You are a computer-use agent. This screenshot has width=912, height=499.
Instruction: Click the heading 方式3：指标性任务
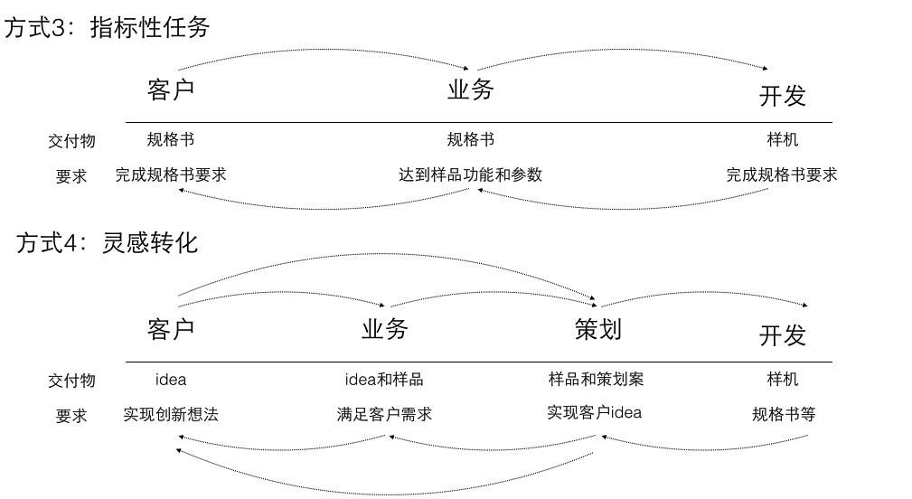click(x=107, y=27)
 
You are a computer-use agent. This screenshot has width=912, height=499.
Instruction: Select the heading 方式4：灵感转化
click(x=107, y=242)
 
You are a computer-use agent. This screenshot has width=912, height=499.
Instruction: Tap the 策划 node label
click(x=597, y=329)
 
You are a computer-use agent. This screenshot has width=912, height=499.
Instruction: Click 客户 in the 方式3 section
click(x=171, y=89)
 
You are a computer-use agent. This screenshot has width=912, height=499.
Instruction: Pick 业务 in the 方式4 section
click(x=384, y=329)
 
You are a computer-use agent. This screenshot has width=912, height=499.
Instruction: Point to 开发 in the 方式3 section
click(x=782, y=96)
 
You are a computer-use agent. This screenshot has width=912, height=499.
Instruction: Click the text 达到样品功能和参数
click(x=470, y=174)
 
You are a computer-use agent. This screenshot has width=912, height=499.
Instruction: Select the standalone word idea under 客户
click(x=171, y=380)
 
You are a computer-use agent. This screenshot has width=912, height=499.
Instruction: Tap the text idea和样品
click(x=384, y=380)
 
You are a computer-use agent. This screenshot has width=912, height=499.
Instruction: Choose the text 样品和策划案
click(x=596, y=379)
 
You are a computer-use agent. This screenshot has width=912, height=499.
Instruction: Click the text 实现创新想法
click(x=171, y=414)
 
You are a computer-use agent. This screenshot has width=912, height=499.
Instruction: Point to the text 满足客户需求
click(x=384, y=414)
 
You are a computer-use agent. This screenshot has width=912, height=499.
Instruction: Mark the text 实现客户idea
click(x=594, y=412)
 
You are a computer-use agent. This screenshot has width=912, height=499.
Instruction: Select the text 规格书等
click(x=784, y=414)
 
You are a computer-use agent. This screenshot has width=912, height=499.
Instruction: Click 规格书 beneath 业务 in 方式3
click(x=470, y=139)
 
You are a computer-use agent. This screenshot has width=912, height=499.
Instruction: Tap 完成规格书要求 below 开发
click(x=782, y=174)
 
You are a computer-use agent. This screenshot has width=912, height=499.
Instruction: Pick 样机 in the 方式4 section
click(x=782, y=379)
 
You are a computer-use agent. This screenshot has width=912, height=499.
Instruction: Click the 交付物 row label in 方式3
click(x=71, y=141)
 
